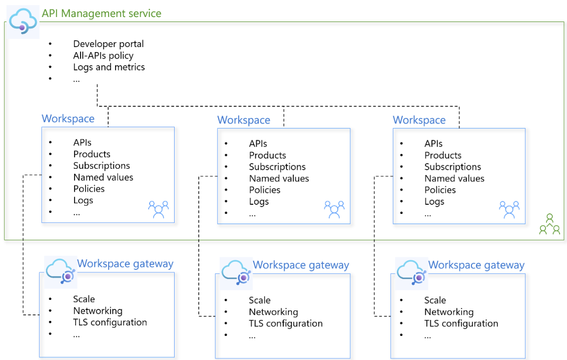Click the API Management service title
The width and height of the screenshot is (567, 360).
pos(101,14)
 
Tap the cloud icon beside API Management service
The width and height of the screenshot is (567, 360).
pos(24,22)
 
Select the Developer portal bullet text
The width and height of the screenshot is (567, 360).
pos(109,44)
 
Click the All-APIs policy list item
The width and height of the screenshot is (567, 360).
pos(103,56)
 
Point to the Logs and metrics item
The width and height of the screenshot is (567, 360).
pos(109,67)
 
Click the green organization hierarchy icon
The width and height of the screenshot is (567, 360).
pos(549,225)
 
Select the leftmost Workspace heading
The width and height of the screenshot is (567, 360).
pos(68,119)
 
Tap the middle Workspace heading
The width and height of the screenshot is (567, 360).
pos(244,120)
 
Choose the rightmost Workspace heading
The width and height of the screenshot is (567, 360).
pos(419,120)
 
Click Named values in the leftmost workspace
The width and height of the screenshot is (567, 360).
pos(103,177)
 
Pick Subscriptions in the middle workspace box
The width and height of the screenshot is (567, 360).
pos(277,167)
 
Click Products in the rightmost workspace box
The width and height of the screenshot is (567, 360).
pos(443,155)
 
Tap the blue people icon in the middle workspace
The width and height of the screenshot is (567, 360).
pos(334,209)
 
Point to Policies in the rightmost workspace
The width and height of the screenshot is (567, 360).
pos(440,190)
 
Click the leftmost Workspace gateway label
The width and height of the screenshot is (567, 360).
pos(125,264)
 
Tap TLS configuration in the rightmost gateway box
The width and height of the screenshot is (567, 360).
pos(461,323)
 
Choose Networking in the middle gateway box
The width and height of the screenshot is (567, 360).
pos(273,312)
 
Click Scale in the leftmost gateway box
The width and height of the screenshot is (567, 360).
pos(84,299)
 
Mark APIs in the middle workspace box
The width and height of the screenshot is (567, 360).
pos(258,144)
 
